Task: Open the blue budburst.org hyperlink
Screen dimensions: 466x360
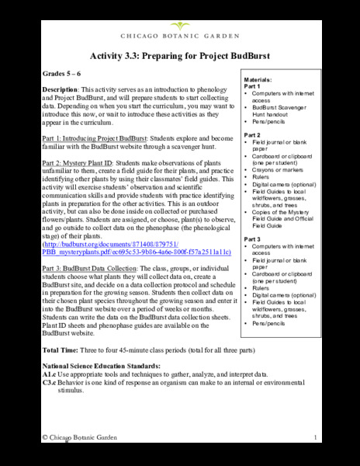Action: pos(136,245)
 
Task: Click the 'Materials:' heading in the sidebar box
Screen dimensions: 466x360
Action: pos(258,80)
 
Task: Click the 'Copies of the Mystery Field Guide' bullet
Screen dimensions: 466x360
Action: pos(278,215)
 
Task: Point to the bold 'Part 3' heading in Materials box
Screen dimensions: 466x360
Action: pos(252,239)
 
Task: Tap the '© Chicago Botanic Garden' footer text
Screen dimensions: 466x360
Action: pos(81,439)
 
